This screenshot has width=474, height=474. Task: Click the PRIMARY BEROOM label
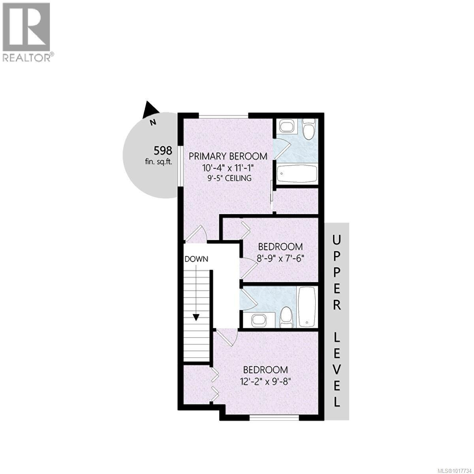[x=228, y=156]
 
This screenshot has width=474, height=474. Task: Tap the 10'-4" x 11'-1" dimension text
[x=228, y=167]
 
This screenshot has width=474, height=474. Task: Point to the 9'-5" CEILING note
[x=229, y=178]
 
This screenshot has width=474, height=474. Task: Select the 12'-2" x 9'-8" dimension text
[x=265, y=382]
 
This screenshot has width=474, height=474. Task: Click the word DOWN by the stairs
[x=196, y=260]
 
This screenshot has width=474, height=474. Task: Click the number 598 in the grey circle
[x=163, y=150]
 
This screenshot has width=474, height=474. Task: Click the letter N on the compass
[x=152, y=122]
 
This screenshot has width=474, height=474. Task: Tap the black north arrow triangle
[x=150, y=109]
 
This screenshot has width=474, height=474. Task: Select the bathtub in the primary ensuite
[x=297, y=173]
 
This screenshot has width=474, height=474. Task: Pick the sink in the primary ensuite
[x=286, y=126]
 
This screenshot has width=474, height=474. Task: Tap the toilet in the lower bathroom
[x=285, y=316]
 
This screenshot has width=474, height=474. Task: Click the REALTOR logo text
[x=27, y=58]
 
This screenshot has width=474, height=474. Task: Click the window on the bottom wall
[x=275, y=417]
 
